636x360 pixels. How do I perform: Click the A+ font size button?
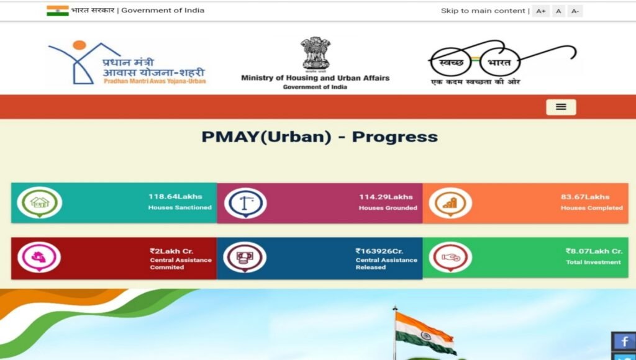coord(540,11)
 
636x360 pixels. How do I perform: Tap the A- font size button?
coord(575,11)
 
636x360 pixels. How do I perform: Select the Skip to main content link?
coord(483,11)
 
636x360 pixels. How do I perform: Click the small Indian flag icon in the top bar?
coord(57,11)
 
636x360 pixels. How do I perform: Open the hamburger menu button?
coord(561,107)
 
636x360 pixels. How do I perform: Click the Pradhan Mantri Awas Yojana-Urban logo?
coord(127,63)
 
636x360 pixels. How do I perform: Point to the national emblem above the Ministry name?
coord(316,53)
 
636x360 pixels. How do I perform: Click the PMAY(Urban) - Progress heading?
coord(319,137)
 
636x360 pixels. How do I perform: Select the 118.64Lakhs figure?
coord(175,197)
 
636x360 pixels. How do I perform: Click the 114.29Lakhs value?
coord(386,197)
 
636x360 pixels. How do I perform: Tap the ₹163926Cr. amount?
coord(379,251)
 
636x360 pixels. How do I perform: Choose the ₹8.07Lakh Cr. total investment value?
coord(593,251)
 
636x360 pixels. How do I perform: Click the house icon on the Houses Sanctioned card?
coord(39,202)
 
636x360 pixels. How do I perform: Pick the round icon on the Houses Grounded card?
coord(245,203)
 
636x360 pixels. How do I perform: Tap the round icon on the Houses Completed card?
coord(450,203)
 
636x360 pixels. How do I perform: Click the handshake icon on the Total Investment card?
coord(450,257)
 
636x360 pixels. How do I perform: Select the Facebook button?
coord(624,341)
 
